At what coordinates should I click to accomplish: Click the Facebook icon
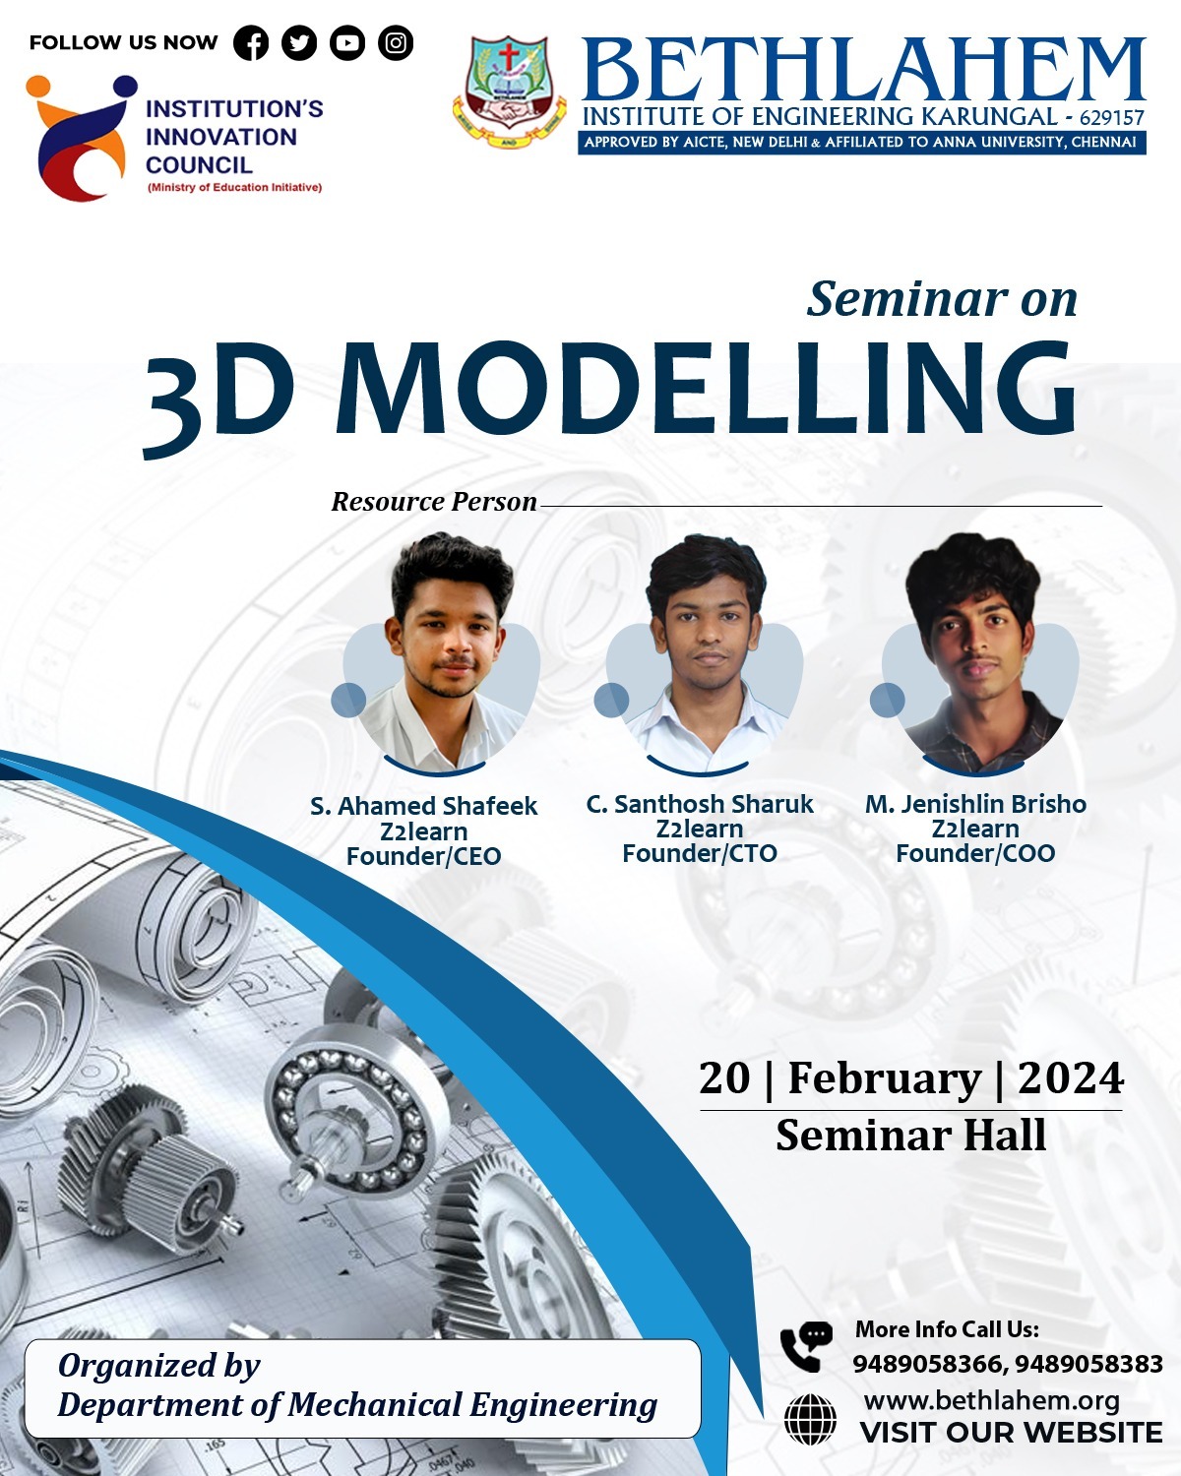[251, 43]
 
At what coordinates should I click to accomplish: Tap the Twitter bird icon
[299, 43]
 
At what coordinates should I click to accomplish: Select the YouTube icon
[347, 43]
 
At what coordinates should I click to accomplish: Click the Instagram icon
[396, 43]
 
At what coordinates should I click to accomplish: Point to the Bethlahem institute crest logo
[509, 92]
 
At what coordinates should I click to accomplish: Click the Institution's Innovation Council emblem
[81, 137]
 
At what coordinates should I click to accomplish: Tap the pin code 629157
[1112, 118]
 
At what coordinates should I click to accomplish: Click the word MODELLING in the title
[705, 389]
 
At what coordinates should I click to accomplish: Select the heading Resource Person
[434, 502]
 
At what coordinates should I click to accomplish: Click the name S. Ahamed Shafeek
[423, 806]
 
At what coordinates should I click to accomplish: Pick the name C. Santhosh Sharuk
[700, 804]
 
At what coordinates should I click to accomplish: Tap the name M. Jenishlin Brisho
[975, 804]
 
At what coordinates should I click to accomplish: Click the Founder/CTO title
[700, 853]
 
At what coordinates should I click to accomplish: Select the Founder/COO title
[975, 853]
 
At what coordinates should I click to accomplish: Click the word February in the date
[885, 1078]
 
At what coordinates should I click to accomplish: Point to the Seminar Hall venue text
[910, 1136]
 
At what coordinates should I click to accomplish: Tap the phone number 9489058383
[1088, 1364]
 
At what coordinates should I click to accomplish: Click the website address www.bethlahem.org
[992, 1400]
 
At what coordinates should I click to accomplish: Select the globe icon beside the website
[810, 1420]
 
